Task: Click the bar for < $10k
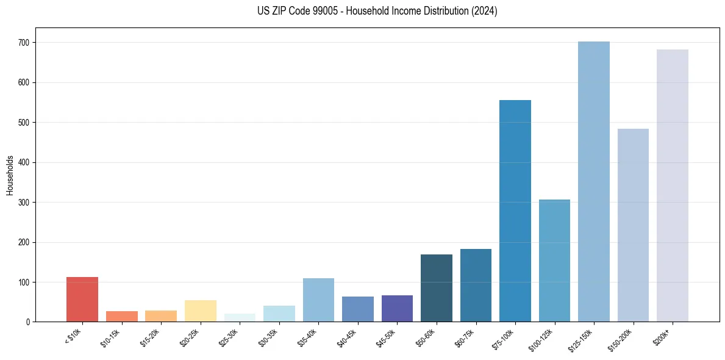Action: (x=82, y=300)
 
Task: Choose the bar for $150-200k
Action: (x=633, y=225)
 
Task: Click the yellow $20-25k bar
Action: (x=201, y=311)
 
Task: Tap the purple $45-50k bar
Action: (x=397, y=309)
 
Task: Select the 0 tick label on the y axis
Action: (x=30, y=322)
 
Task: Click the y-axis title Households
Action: (x=10, y=175)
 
